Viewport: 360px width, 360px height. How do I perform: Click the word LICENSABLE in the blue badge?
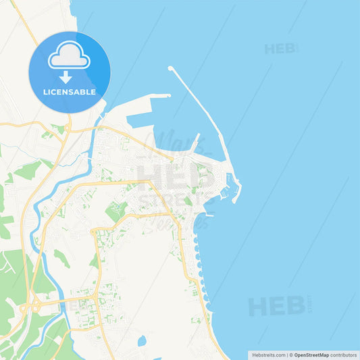click(x=69, y=91)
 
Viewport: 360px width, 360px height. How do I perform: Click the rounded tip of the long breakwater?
click(x=170, y=68)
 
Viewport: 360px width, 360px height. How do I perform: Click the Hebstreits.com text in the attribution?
click(x=268, y=354)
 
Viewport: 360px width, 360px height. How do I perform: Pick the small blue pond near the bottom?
click(x=142, y=341)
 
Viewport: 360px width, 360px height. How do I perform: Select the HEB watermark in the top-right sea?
click(x=280, y=49)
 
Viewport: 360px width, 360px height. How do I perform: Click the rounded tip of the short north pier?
click(x=168, y=95)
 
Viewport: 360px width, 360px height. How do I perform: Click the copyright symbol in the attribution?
click(x=290, y=354)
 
